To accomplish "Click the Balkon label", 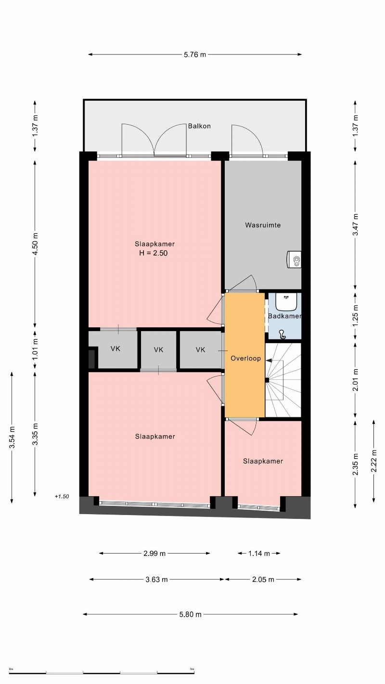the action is (x=199, y=126).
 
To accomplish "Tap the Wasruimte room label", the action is (x=263, y=225).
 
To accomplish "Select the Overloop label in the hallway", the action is (x=245, y=358).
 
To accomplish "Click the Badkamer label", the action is (x=284, y=316).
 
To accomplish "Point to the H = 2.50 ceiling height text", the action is (x=153, y=253).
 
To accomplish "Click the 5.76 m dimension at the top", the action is (x=195, y=55).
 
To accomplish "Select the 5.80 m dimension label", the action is (x=190, y=614).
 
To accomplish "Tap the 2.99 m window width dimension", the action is (x=154, y=553).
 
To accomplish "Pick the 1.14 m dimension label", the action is (x=259, y=553).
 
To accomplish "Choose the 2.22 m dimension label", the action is (x=374, y=461).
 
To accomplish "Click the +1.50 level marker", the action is (x=62, y=496).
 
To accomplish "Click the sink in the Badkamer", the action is (x=286, y=301).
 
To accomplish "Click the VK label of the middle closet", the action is (x=158, y=350).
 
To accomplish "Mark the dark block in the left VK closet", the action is (x=91, y=359).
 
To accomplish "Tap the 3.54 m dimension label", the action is (x=12, y=438).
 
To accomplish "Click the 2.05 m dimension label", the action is (x=263, y=579).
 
